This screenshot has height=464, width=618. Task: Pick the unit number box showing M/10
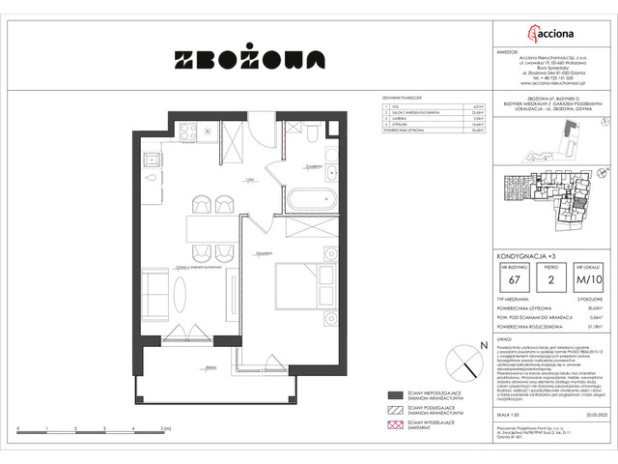(x=587, y=281)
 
